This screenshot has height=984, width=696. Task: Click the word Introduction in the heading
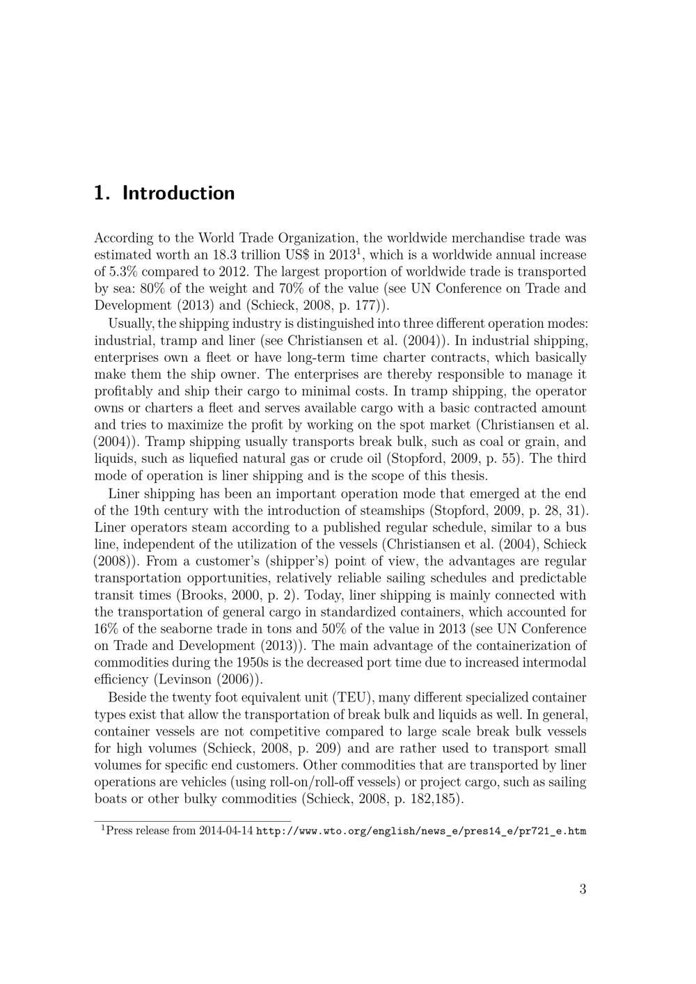178,193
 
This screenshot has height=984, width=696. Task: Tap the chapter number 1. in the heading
102,193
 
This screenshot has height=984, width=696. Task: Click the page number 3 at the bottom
582,889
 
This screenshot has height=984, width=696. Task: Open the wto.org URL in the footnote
421,831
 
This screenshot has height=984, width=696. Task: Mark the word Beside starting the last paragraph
127,697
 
